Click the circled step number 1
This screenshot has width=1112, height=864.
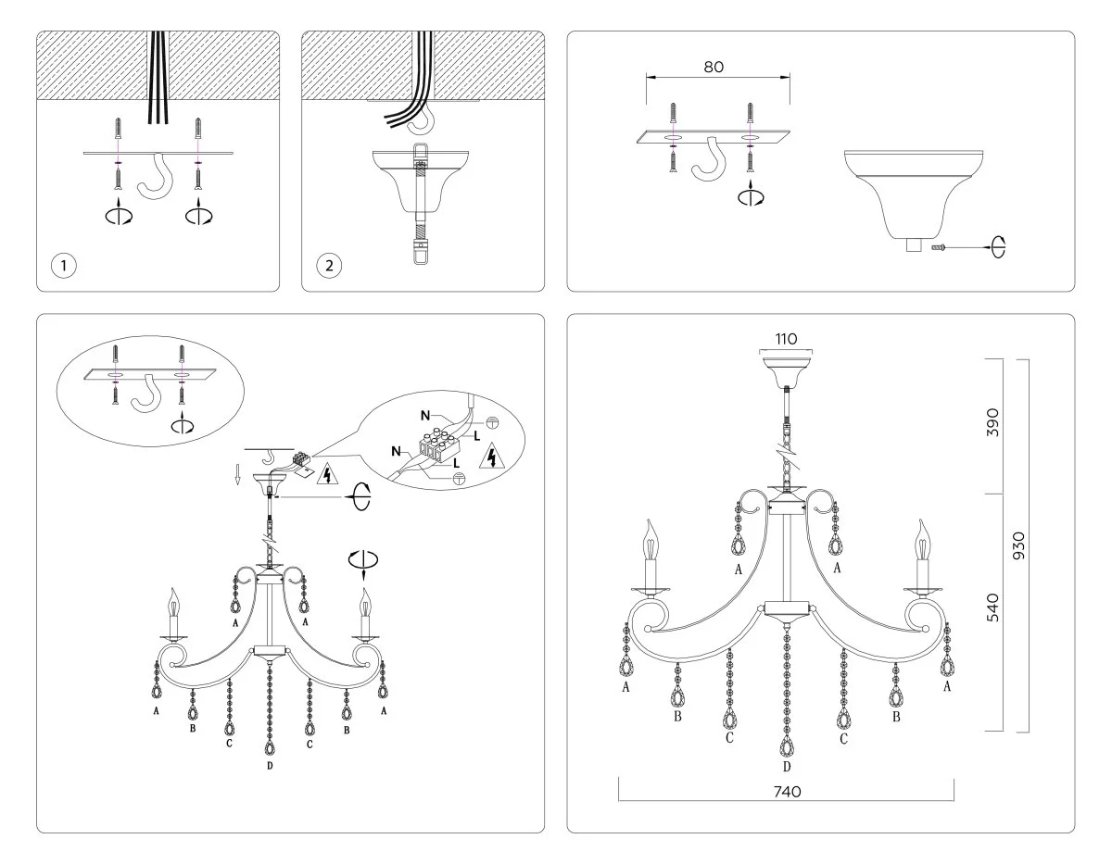coord(63,266)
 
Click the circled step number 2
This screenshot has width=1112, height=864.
coord(328,266)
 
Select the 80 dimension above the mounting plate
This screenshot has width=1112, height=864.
coord(714,67)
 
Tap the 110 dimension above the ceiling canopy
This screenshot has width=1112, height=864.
coord(785,339)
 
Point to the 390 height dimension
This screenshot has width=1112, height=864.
coord(992,424)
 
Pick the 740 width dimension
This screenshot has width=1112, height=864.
coord(786,792)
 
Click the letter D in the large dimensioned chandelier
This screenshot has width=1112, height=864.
coord(787,766)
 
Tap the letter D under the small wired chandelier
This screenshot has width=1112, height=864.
coord(270,766)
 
